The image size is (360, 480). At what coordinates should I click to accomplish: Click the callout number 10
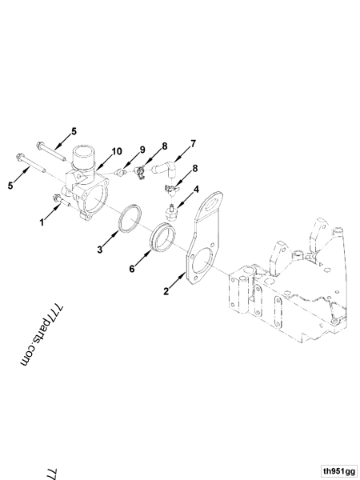click(116, 150)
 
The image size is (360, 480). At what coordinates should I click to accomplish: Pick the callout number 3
click(102, 250)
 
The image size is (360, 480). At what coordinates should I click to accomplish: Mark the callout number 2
click(167, 292)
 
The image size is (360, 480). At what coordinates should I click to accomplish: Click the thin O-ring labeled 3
click(130, 220)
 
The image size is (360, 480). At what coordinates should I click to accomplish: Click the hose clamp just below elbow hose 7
click(170, 189)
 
